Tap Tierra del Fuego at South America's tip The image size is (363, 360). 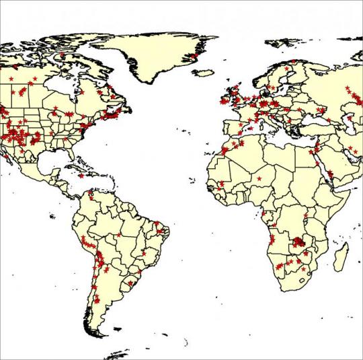click(x=101, y=334)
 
